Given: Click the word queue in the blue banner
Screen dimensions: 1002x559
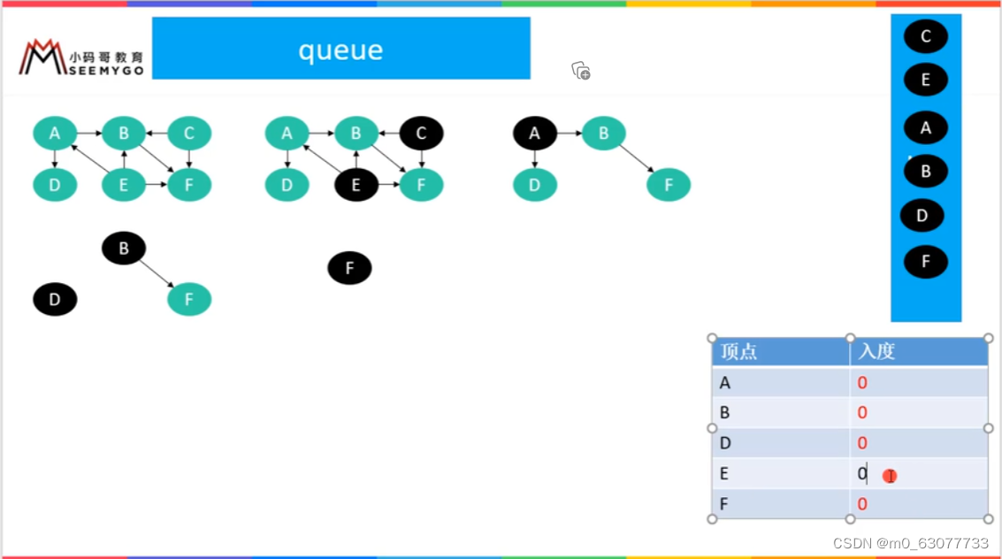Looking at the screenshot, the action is [340, 50].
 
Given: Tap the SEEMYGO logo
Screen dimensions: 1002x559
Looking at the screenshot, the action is [81, 57].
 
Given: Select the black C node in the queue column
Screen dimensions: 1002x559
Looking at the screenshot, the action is [925, 36].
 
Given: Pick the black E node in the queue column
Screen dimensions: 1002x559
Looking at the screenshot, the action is [925, 80].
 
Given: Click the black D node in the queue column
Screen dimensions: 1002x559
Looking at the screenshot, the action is [922, 215].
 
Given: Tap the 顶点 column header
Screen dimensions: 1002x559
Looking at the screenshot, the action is [738, 351].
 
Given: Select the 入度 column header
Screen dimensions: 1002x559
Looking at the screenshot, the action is [876, 351].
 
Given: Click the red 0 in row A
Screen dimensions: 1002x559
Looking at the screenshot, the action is [862, 383].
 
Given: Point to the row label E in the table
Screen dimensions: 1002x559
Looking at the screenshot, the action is [724, 473].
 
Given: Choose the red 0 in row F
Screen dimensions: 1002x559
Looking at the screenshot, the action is [862, 504].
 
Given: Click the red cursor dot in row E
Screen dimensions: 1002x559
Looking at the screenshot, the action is [890, 476].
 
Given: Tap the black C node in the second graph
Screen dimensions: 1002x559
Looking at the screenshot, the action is [421, 134].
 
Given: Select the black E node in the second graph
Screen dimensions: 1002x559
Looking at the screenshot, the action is [356, 185].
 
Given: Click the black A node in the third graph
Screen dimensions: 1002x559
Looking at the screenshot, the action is [535, 134].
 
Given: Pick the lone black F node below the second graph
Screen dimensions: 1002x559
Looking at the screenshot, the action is [349, 268].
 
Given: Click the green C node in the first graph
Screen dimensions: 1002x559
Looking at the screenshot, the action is [189, 134].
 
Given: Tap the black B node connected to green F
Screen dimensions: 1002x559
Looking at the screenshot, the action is [124, 248].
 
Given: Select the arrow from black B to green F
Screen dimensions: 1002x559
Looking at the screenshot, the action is [157, 273].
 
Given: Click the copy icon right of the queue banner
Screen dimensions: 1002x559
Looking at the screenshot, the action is [581, 71].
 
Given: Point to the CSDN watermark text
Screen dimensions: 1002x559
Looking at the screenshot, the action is [911, 544].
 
